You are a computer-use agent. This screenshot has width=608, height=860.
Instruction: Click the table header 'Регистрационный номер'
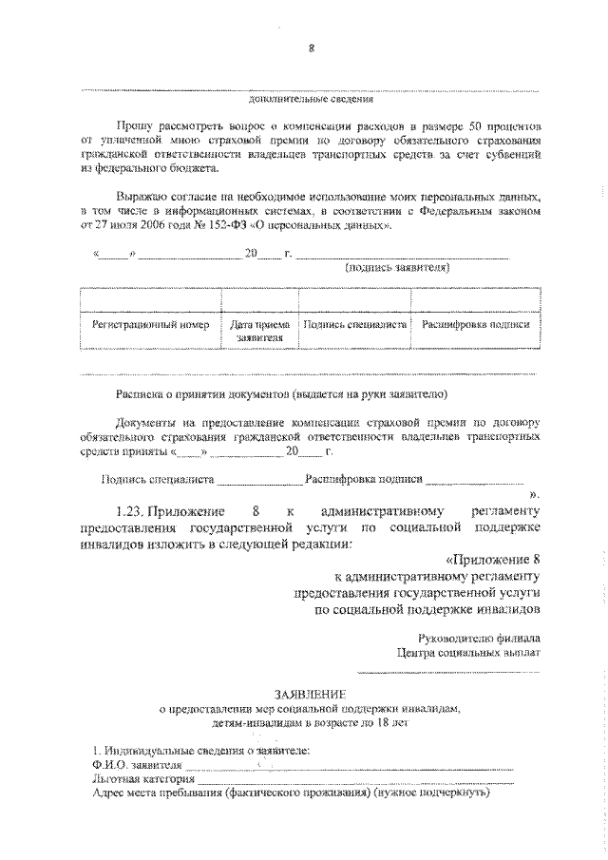[150, 324]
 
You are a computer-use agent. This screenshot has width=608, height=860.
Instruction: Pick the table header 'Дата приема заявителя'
[259, 330]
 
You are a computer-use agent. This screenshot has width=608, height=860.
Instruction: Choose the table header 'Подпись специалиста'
[355, 324]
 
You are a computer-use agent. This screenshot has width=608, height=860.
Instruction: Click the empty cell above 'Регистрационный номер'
[150, 298]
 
